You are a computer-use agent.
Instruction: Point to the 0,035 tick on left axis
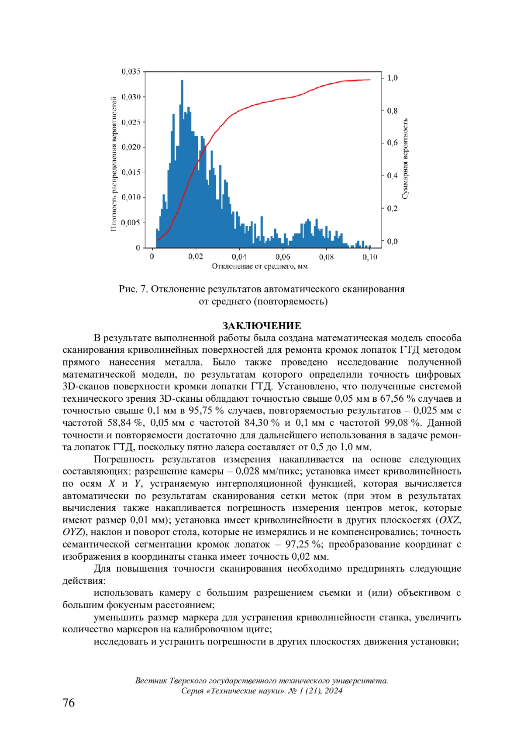(131, 71)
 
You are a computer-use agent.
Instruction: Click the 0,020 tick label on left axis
(131, 147)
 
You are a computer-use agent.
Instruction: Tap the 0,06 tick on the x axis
(283, 257)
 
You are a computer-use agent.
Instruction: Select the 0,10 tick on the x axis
(370, 257)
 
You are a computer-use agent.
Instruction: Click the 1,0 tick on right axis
(392, 78)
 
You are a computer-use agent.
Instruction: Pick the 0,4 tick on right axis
(392, 176)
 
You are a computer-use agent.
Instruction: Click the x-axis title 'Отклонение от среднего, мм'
(260, 266)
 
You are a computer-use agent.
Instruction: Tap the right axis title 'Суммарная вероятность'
(405, 159)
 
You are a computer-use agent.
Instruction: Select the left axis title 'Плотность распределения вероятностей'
(114, 163)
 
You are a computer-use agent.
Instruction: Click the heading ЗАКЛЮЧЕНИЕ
(262, 326)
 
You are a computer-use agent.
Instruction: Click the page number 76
(69, 703)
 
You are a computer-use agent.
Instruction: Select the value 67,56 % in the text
(397, 399)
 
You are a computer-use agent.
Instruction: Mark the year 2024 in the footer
(334, 691)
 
